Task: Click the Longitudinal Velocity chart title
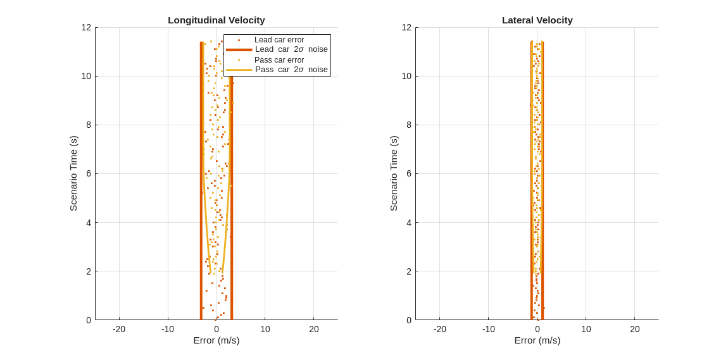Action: click(217, 20)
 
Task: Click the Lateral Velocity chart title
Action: click(537, 20)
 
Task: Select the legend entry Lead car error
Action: click(279, 40)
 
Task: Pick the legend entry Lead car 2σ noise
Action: click(291, 49)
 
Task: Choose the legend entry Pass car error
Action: click(279, 60)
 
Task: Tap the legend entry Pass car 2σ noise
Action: click(291, 70)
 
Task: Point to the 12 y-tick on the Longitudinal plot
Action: click(86, 27)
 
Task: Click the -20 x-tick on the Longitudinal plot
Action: click(119, 329)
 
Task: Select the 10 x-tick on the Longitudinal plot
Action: click(265, 329)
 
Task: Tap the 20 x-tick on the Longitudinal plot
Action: click(314, 329)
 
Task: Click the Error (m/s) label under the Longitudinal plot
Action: click(217, 340)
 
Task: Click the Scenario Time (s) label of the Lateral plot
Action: click(394, 173)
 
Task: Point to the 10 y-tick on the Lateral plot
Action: click(407, 76)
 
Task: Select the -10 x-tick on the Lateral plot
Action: click(488, 329)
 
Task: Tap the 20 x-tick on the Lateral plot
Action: click(635, 329)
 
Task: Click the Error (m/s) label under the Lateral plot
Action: click(537, 340)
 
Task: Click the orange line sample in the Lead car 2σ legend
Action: click(239, 49)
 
